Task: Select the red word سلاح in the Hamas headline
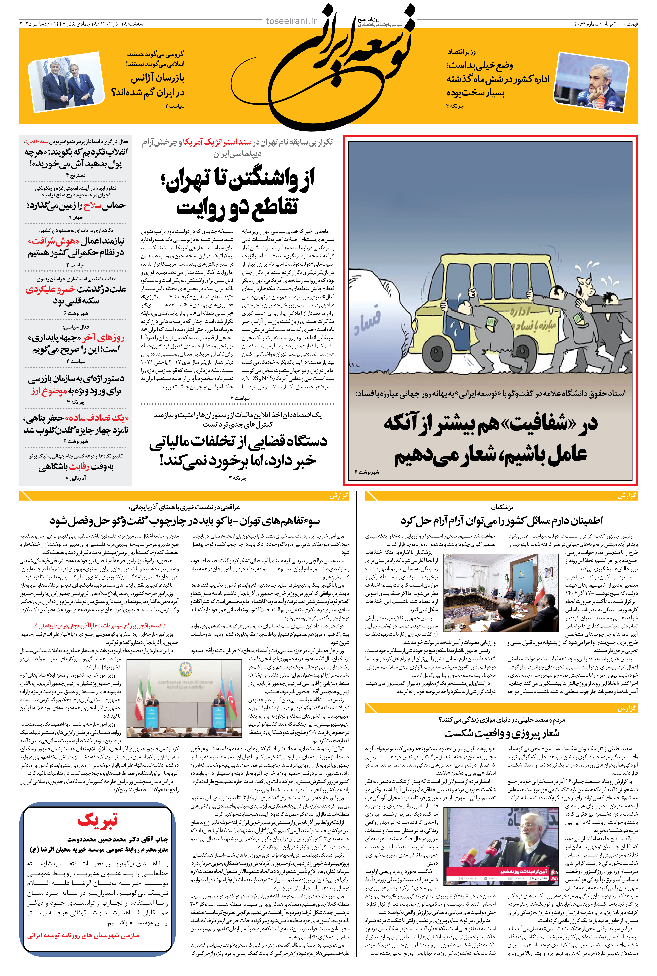pyautogui.click(x=92, y=205)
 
